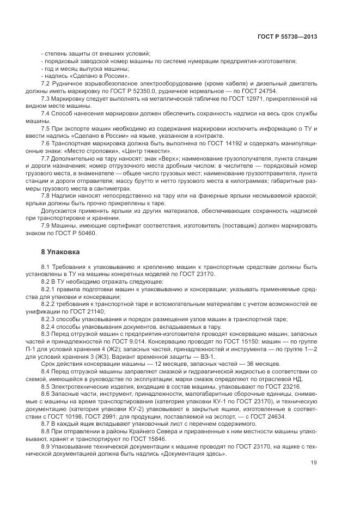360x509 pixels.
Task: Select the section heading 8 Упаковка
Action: point(60,252)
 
